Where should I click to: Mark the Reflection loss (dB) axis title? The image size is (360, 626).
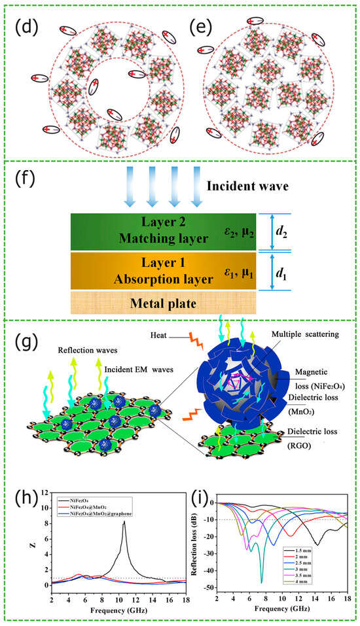pos(194,542)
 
